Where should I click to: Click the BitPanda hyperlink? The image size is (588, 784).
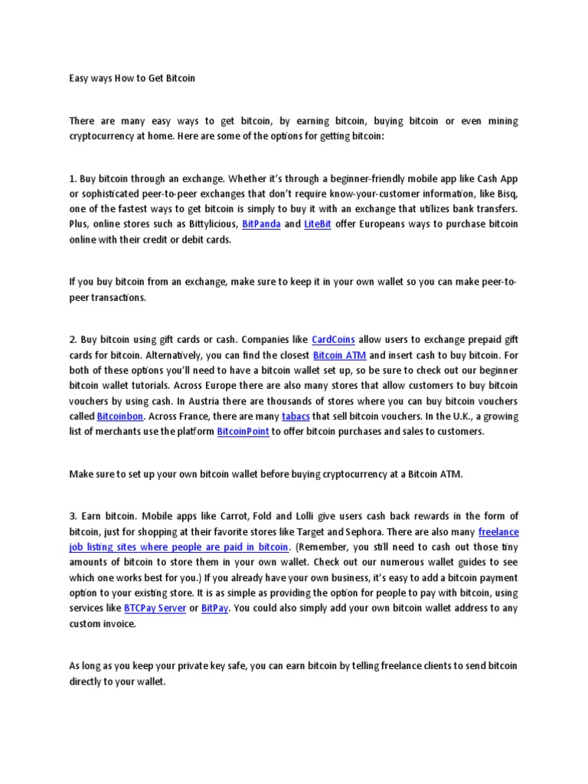[x=261, y=224]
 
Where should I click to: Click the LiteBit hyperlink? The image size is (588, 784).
[x=318, y=224]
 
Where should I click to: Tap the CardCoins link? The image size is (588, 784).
[x=333, y=339]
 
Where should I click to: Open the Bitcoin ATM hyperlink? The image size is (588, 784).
[x=340, y=356]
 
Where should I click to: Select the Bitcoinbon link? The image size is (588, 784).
[x=120, y=416]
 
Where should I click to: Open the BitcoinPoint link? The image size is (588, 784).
[x=243, y=433]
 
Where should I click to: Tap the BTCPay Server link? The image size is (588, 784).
[x=158, y=609]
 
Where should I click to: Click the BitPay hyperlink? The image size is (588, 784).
[x=214, y=609]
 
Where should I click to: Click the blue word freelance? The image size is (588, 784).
[x=498, y=531]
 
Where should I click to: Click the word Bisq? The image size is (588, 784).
[x=506, y=194]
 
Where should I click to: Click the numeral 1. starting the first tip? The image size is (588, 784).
[x=73, y=178]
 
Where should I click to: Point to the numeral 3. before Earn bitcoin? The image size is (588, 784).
[x=73, y=515]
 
